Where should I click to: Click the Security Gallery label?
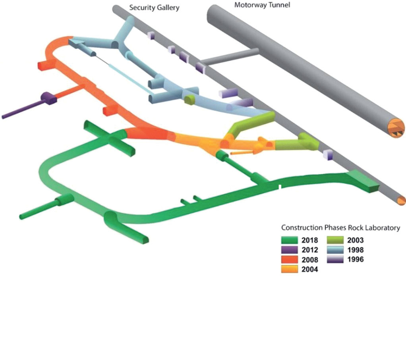(154, 8)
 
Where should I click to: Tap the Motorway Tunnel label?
(268, 5)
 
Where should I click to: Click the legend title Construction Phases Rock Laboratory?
(340, 228)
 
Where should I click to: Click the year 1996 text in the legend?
(355, 260)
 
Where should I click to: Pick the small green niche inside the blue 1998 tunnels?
(189, 99)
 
